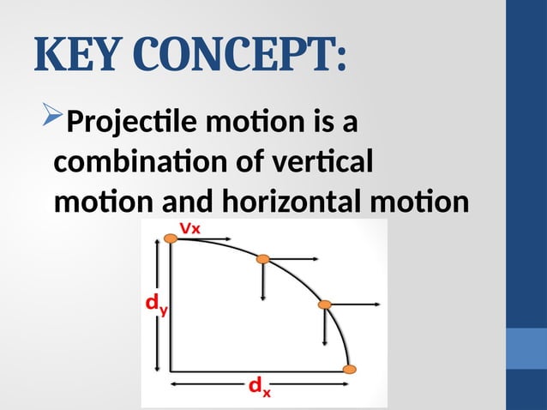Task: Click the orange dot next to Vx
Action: (171, 240)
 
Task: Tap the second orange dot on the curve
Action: (264, 258)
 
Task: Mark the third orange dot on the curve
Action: (325, 304)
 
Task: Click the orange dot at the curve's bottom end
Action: (348, 370)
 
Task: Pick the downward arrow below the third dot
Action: (325, 327)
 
